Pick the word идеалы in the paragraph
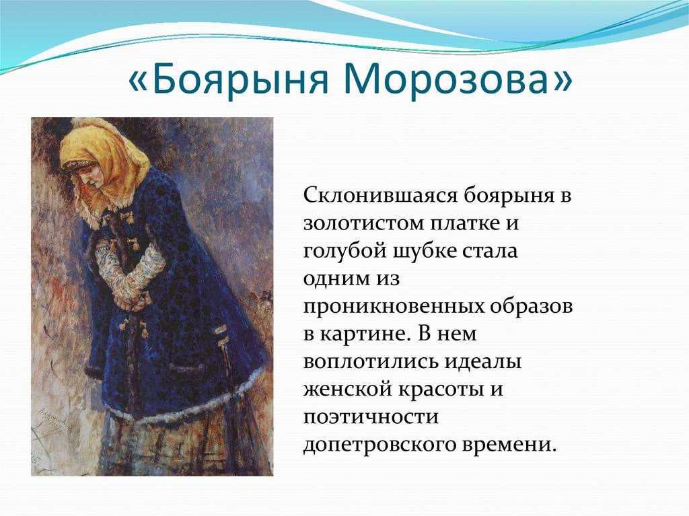click(483, 362)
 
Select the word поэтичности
click(371, 417)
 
